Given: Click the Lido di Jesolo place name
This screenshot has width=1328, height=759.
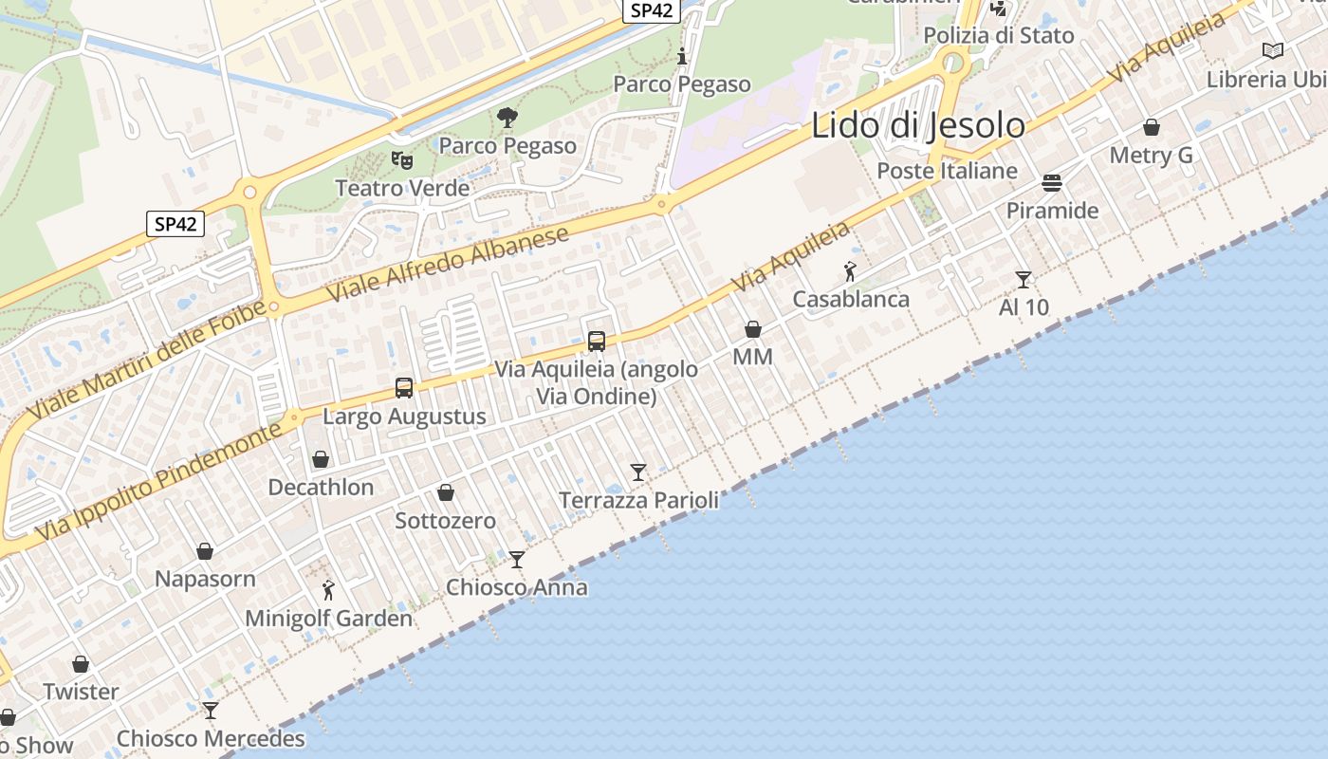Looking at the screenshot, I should coord(917,126).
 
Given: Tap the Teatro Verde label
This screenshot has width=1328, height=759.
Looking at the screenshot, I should coord(402,188).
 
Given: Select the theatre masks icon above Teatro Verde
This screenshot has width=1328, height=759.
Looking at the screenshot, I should coord(402,160).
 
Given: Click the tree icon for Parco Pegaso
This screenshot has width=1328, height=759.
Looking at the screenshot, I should coord(507,118).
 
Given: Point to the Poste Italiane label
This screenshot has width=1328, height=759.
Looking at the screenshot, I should coord(947,171).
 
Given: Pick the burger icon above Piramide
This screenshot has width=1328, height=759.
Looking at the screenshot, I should coord(1052,182).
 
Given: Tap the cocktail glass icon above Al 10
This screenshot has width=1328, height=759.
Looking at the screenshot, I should coord(1024,279).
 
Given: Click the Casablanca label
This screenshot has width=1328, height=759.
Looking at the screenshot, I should coord(851,299).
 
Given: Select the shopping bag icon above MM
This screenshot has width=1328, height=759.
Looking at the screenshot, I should coord(752,329).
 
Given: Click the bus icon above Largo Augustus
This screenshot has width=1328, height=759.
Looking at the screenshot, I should coord(404,387).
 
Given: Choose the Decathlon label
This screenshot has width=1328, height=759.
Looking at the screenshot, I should coord(321,487).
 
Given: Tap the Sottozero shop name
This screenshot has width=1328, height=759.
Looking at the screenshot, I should coord(445,520).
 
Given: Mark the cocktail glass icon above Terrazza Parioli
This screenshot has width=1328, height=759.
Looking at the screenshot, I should coord(638,472).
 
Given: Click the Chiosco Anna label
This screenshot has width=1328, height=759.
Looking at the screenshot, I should coord(517,587).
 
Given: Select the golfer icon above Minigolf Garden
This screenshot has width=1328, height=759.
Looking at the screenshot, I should coord(328,590).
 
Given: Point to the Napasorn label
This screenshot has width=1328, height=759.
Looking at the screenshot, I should coord(205,579).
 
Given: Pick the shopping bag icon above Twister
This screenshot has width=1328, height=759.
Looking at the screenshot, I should coord(81,664).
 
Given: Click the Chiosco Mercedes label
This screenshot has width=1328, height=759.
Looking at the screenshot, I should coord(211,738).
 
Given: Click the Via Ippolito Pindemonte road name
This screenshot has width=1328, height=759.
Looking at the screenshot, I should coord(161,489).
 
